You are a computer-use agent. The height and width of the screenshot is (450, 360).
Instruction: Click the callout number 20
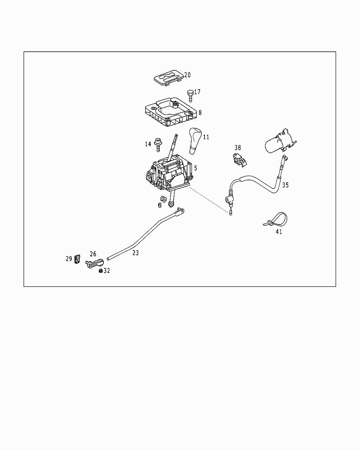pos(187,75)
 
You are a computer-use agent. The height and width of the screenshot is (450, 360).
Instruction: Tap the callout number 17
pos(197,92)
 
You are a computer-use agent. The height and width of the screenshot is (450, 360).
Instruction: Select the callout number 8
pos(200,112)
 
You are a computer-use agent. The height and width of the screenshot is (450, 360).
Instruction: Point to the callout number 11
pos(206,137)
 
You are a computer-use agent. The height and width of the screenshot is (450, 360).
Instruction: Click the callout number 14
pos(148,144)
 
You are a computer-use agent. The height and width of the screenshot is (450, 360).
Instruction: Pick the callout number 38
pos(238,148)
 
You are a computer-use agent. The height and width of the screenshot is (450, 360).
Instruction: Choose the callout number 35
pos(285,185)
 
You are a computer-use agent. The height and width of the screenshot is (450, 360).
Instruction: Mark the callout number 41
pos(279,232)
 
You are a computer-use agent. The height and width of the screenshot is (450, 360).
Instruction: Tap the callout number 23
pos(136,252)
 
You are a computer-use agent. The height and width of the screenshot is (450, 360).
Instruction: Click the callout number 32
pos(107,271)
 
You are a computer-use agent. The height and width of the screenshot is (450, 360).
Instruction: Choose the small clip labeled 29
pos(77,259)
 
